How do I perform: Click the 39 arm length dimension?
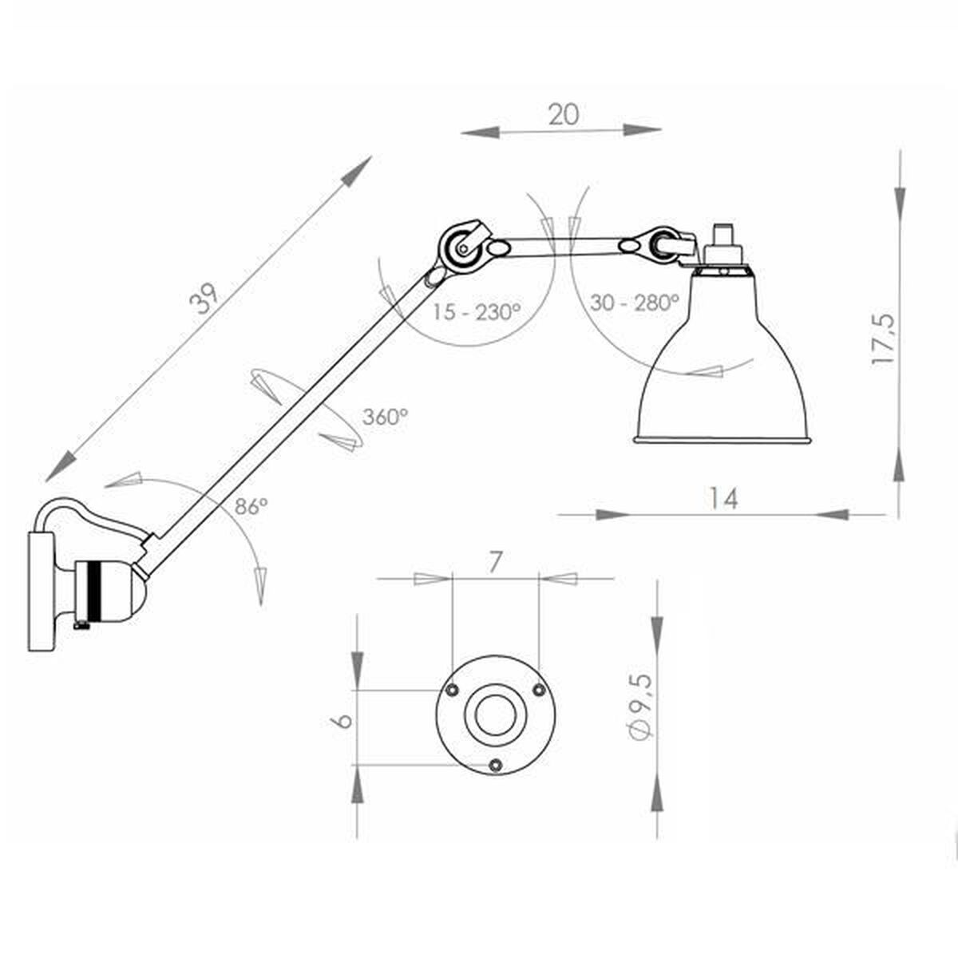[205, 299]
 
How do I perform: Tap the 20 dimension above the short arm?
[564, 114]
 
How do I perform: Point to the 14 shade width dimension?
[723, 498]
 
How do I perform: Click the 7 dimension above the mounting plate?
[493, 563]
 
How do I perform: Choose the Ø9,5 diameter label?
[641, 715]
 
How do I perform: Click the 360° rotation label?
[386, 417]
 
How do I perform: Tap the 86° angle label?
[251, 506]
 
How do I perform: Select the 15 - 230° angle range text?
[477, 311]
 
